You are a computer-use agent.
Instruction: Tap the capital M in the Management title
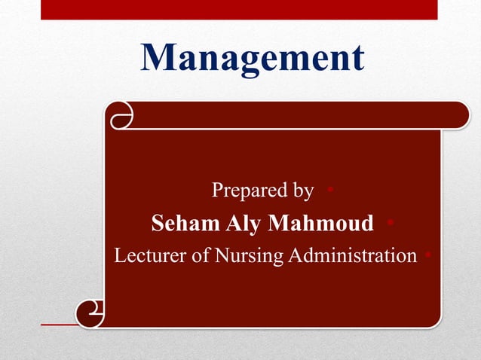(161, 57)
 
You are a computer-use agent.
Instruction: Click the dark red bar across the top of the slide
(238, 9)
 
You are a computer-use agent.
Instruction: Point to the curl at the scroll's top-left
(121, 116)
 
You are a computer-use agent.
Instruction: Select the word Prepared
(249, 191)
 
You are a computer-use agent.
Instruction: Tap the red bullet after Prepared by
(331, 191)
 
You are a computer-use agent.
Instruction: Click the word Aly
(243, 224)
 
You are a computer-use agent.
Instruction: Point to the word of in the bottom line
(200, 256)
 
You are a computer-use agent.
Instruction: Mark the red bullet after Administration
(428, 256)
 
